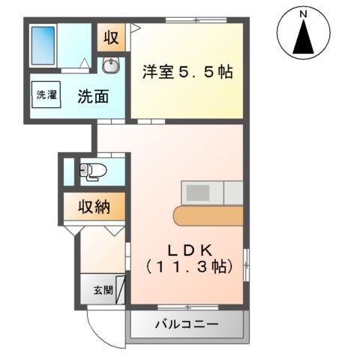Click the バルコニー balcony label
click(187, 325)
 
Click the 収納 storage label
click(95, 207)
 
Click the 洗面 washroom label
click(92, 96)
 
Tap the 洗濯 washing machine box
click(46, 95)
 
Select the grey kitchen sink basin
click(199, 193)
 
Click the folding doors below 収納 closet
click(97, 228)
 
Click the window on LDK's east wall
click(247, 262)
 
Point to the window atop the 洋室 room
click(187, 20)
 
